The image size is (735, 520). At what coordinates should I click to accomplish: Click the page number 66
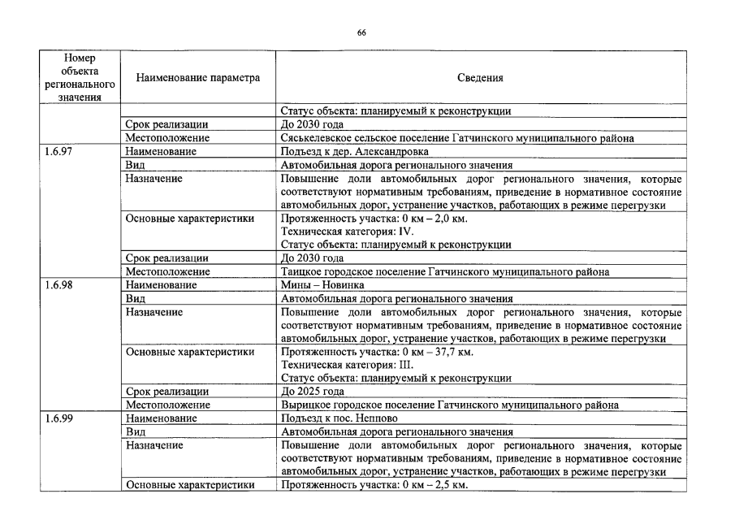coord(361,32)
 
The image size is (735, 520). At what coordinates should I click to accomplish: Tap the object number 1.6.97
coord(59,152)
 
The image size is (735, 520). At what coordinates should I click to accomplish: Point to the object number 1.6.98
coord(59,285)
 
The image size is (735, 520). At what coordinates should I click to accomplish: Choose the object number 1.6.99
coord(59,418)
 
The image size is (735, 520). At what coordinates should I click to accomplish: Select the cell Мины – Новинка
coord(322,285)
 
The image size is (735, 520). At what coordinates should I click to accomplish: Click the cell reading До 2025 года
coord(312,392)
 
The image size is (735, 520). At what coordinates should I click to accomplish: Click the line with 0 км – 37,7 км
coord(376,352)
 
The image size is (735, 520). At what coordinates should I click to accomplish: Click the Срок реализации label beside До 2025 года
coord(166,392)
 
